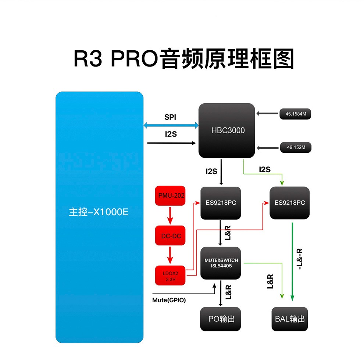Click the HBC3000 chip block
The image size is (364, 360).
click(227, 130)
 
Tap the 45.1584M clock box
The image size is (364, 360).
click(296, 114)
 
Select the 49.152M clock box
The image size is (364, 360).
click(296, 148)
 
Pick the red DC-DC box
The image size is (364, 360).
click(171, 236)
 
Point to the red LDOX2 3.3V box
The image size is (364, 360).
click(171, 276)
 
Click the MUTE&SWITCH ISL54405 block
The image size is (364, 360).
click(221, 263)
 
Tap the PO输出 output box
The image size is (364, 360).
click(221, 319)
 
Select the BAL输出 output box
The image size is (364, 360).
click(290, 319)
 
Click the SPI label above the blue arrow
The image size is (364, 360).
click(170, 117)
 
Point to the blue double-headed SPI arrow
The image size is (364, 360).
click(171, 126)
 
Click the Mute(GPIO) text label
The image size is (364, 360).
click(169, 300)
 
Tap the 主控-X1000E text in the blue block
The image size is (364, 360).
click(99, 212)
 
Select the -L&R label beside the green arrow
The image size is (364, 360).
click(300, 259)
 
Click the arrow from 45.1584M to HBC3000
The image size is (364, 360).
click(268, 114)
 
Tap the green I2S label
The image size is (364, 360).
click(265, 169)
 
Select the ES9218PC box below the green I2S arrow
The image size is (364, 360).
click(290, 203)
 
